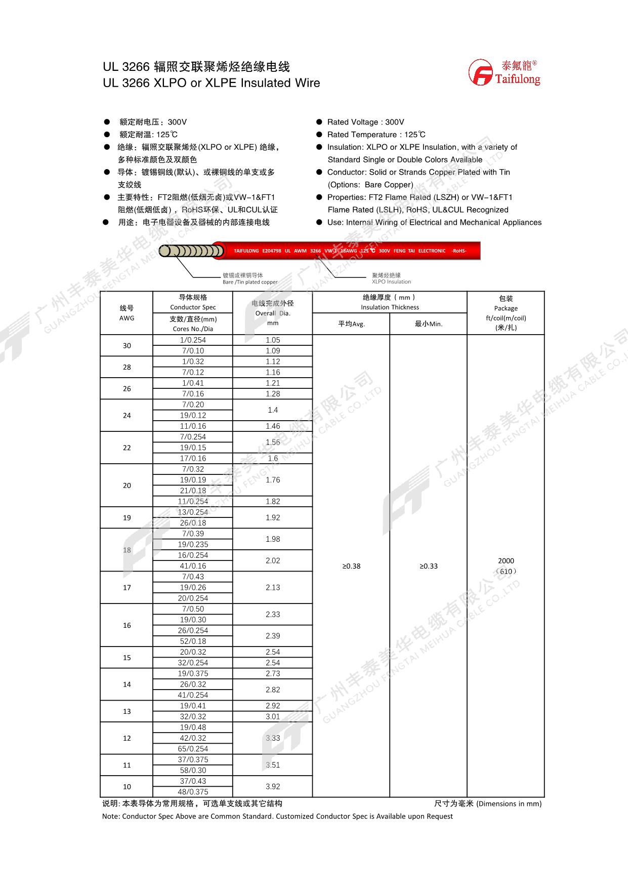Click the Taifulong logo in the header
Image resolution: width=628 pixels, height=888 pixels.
click(504, 72)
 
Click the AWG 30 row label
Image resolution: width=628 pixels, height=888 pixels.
click(127, 346)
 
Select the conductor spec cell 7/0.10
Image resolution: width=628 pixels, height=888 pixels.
click(193, 351)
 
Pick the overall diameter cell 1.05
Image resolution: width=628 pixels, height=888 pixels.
click(273, 340)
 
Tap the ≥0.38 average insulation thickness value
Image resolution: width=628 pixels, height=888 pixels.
click(351, 566)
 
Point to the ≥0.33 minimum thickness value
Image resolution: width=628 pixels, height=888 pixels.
click(429, 566)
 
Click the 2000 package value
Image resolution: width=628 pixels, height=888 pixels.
click(506, 561)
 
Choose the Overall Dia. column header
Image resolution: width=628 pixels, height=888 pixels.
click(273, 313)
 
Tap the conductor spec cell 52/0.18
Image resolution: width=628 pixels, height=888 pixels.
click(193, 641)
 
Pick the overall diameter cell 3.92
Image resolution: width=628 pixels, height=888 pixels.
click(273, 787)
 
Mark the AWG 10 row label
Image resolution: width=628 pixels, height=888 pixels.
click(127, 787)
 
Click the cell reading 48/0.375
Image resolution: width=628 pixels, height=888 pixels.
click(193, 792)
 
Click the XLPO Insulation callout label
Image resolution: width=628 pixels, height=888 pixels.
click(391, 282)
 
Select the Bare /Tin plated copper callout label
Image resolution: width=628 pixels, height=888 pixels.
click(250, 282)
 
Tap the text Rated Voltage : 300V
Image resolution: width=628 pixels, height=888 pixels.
click(365, 122)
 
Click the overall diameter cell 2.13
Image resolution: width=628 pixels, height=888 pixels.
click(273, 587)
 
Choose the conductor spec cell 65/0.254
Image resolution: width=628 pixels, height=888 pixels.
click(193, 749)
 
